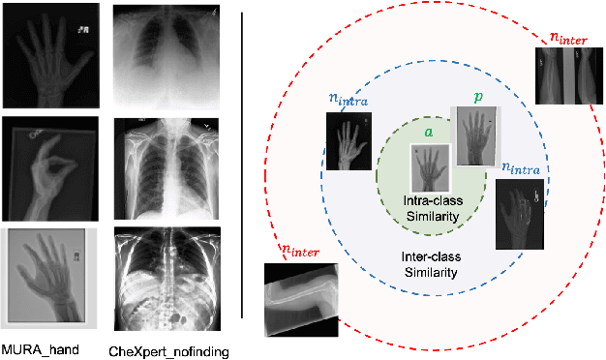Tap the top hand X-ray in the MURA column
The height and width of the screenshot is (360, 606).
point(49,57)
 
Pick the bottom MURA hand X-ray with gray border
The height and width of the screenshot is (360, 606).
point(49,276)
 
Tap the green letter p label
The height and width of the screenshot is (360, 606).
point(476,98)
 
